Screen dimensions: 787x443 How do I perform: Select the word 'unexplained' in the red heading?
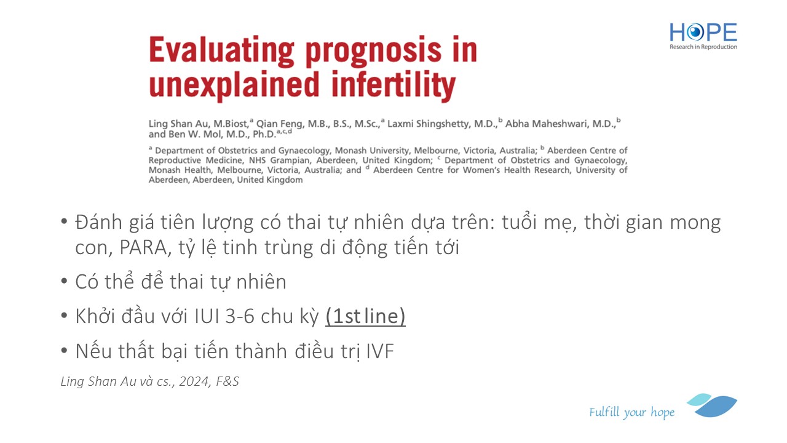(x=234, y=85)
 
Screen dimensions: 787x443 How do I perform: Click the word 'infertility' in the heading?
(x=394, y=85)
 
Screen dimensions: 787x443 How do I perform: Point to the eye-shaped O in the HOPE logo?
(x=695, y=33)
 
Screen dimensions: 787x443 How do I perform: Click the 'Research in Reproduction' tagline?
(x=703, y=47)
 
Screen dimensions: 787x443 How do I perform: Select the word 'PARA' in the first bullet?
(x=143, y=247)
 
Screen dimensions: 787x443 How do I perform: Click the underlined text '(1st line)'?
(x=365, y=316)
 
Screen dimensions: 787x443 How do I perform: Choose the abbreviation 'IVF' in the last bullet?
(x=380, y=351)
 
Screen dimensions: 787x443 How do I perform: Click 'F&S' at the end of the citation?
(x=227, y=381)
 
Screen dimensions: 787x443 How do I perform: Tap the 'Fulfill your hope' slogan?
(x=631, y=412)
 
